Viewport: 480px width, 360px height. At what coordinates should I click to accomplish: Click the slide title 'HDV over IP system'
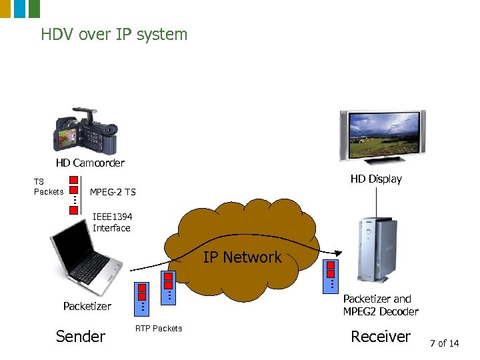click(x=114, y=34)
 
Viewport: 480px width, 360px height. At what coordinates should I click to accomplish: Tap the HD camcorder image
click(x=87, y=131)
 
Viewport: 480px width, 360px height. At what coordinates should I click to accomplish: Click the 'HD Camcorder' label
click(x=90, y=163)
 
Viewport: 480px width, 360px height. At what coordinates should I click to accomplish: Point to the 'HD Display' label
click(x=376, y=179)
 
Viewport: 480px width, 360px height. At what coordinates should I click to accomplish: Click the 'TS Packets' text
click(x=49, y=187)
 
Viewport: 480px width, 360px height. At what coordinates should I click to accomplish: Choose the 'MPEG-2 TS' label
click(x=113, y=192)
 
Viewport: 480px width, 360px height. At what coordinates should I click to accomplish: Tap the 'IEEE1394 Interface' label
click(x=111, y=222)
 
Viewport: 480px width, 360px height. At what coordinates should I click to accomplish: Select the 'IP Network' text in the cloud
click(x=242, y=257)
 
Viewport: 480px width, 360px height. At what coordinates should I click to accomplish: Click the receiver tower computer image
click(x=375, y=251)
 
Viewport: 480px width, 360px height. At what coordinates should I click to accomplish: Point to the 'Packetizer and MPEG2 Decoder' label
click(x=380, y=305)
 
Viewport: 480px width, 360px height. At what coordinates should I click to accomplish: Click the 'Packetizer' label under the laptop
click(x=87, y=306)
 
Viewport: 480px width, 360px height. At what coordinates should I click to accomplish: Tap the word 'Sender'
click(x=81, y=337)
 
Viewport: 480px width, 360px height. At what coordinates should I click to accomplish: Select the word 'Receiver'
click(x=381, y=337)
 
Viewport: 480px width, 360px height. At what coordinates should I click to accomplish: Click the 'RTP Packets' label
click(x=159, y=328)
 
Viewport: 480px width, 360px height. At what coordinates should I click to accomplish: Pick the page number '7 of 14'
click(x=445, y=343)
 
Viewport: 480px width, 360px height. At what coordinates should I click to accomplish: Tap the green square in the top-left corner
click(x=34, y=8)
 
